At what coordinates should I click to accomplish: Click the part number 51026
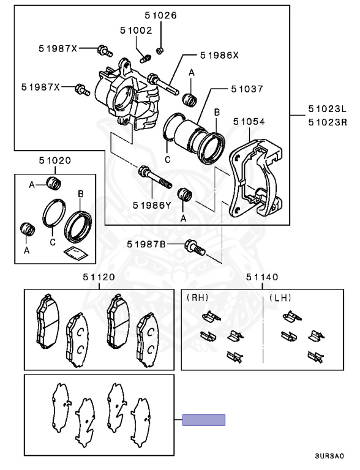click(x=160, y=15)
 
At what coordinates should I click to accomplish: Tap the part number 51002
click(x=136, y=30)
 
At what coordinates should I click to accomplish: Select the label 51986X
click(x=220, y=56)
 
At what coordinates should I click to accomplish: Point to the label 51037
click(x=247, y=89)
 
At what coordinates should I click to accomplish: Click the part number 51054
click(x=249, y=121)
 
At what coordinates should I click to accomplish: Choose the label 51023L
click(x=328, y=109)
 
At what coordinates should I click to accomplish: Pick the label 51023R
click(x=328, y=122)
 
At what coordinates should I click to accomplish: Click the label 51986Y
click(x=152, y=206)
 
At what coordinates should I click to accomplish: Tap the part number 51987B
click(x=146, y=244)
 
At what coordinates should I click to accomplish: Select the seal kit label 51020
click(x=55, y=161)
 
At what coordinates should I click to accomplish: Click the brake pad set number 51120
click(x=99, y=277)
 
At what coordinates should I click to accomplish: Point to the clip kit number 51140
click(x=262, y=277)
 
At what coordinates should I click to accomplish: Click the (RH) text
click(x=197, y=297)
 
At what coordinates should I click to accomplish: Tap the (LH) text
click(x=280, y=297)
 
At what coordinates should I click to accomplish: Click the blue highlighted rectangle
click(x=204, y=420)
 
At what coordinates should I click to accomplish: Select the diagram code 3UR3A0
click(x=329, y=456)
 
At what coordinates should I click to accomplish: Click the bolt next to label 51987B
click(x=195, y=248)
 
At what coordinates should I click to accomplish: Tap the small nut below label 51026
click(x=160, y=50)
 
